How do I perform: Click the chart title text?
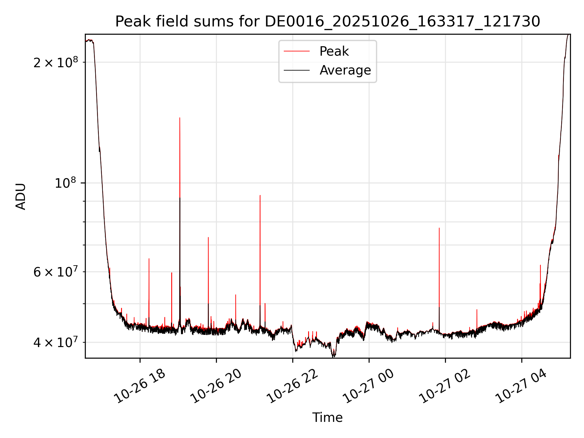(x=328, y=22)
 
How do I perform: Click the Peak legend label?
(x=334, y=51)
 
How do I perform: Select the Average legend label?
(x=345, y=70)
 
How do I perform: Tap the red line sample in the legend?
(x=297, y=51)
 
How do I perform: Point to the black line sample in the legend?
(x=297, y=70)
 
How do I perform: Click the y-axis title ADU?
(x=21, y=196)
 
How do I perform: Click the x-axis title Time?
(x=327, y=418)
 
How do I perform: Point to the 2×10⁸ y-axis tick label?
(x=56, y=62)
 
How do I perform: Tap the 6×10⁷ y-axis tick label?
(x=56, y=272)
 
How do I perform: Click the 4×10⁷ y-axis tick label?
(x=56, y=342)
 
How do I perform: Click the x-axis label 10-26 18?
(x=140, y=386)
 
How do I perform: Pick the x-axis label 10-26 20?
(x=216, y=386)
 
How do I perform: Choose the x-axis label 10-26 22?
(x=293, y=386)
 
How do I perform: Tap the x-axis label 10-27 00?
(x=369, y=386)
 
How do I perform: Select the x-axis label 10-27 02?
(x=445, y=386)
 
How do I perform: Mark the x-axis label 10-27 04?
(x=522, y=386)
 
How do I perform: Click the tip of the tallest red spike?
(x=180, y=118)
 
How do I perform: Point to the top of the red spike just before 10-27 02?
(x=439, y=228)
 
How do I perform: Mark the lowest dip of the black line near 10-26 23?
(x=333, y=356)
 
